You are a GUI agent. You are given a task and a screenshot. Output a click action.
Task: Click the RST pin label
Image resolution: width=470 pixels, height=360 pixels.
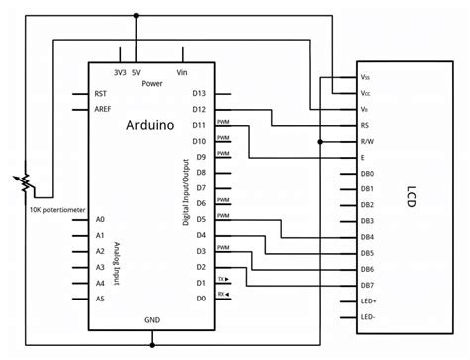pyautogui.click(x=101, y=93)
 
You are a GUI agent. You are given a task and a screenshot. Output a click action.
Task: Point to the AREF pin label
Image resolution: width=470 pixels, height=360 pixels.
pyautogui.click(x=103, y=109)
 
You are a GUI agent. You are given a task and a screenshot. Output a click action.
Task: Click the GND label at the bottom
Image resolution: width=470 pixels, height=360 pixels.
pyautogui.click(x=152, y=320)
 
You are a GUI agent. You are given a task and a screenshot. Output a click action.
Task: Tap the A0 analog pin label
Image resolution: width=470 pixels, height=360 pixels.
pyautogui.click(x=100, y=218)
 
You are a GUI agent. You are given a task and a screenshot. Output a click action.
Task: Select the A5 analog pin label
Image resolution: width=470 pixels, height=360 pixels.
pyautogui.click(x=100, y=298)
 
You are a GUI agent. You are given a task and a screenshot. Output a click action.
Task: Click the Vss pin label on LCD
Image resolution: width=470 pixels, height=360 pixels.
pyautogui.click(x=366, y=77)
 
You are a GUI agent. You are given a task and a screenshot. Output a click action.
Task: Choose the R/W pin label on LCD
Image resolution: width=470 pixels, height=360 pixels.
pyautogui.click(x=367, y=141)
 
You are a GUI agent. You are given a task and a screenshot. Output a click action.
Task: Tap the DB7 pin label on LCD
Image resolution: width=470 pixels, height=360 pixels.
pyautogui.click(x=367, y=285)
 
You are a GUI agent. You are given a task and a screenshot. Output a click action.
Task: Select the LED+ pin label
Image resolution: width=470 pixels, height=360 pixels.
pyautogui.click(x=368, y=300)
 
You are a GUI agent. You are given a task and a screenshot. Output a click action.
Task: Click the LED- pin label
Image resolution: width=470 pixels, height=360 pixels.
pyautogui.click(x=368, y=316)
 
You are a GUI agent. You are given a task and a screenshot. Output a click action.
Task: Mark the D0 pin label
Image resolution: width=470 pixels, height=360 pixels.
pyautogui.click(x=201, y=298)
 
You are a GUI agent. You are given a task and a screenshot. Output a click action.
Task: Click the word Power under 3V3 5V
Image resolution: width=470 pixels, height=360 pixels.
pyautogui.click(x=152, y=83)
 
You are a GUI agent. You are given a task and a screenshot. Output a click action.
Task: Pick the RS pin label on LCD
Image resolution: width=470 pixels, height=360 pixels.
pyautogui.click(x=366, y=125)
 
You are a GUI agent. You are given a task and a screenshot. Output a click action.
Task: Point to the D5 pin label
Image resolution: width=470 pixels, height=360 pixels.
pyautogui.click(x=201, y=218)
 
